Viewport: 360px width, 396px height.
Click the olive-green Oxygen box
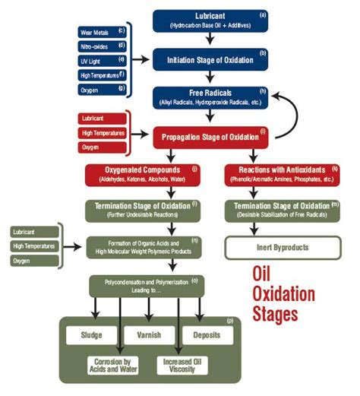tap(34, 261)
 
